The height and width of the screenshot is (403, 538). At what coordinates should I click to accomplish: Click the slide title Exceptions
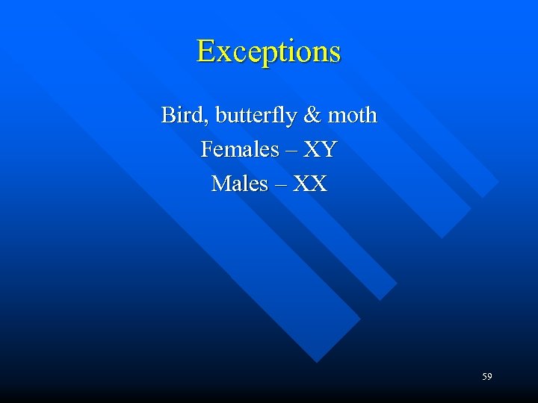[268, 51]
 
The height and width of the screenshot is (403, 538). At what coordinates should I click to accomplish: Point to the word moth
[350, 116]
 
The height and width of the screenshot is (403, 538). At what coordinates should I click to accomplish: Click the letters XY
[319, 149]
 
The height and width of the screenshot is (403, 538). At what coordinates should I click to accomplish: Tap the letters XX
[310, 183]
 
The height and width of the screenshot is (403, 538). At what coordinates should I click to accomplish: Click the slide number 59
[486, 377]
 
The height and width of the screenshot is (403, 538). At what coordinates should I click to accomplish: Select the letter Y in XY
[328, 149]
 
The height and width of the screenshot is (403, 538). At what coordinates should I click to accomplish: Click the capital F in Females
[208, 149]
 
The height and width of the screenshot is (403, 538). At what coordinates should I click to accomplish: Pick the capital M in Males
[221, 183]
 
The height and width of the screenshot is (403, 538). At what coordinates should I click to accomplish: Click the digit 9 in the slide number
[489, 377]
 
